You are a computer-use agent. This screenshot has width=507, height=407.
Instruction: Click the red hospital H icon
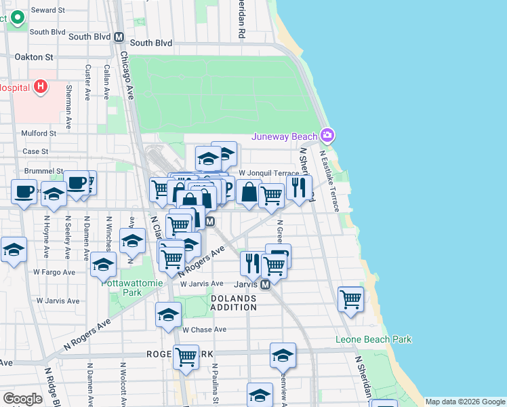click(41, 87)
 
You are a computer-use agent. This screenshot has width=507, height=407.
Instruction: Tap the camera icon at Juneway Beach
click(328, 136)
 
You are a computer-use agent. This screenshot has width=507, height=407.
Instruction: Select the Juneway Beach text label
click(285, 136)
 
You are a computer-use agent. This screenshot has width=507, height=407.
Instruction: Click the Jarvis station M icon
click(266, 284)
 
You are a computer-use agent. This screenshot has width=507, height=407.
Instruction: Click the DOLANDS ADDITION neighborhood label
click(233, 303)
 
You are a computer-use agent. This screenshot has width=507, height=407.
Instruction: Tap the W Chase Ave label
click(203, 330)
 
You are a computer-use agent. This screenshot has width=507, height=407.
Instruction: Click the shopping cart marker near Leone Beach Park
click(350, 298)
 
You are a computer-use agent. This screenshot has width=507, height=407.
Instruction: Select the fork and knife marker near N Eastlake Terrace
click(298, 186)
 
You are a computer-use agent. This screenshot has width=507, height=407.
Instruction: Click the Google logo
click(22, 399)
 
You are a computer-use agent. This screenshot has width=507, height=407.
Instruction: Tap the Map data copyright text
click(466, 402)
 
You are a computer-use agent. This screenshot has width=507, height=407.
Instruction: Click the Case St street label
click(35, 151)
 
